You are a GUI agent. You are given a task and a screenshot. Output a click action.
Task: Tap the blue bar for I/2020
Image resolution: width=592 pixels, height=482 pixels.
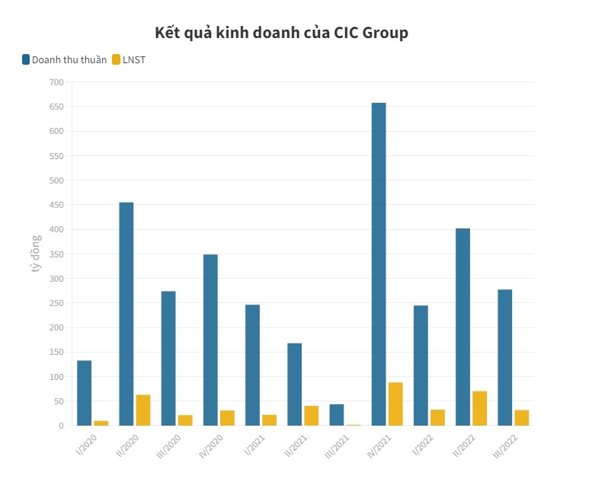tap(84, 393)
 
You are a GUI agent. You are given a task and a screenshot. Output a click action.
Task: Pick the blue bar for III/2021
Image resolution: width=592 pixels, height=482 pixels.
tap(337, 415)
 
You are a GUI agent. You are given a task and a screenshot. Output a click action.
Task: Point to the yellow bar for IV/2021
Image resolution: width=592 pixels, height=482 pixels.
tap(395, 404)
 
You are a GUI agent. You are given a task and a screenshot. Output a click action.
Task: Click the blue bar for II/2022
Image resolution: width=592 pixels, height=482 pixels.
tap(462, 327)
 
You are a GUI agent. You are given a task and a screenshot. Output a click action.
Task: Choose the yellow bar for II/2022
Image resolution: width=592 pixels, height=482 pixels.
tap(479, 408)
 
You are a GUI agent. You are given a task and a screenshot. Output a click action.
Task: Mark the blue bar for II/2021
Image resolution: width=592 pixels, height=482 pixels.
tap(294, 385)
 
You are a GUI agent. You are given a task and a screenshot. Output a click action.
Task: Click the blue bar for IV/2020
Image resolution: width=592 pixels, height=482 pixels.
tap(210, 340)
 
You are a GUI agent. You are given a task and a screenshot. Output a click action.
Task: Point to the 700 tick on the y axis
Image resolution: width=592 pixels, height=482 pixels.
tap(56, 82)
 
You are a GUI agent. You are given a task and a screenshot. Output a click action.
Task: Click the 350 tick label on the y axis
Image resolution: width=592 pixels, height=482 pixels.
tap(56, 254)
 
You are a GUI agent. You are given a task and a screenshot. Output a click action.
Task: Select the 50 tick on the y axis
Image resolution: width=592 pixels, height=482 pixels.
tap(59, 401)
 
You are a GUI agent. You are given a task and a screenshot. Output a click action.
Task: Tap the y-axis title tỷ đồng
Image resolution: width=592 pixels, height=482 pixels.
tap(35, 254)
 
